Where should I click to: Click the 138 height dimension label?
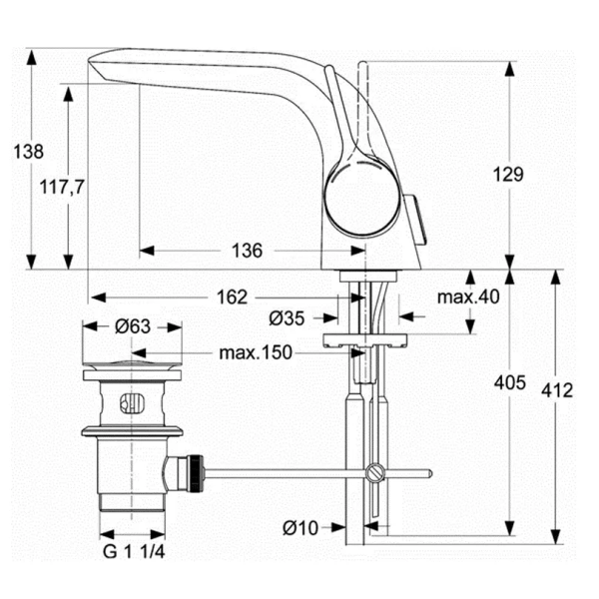tap(29, 152)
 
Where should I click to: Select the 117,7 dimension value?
tap(62, 187)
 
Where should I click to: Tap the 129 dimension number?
tap(508, 174)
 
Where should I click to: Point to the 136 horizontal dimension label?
tap(248, 251)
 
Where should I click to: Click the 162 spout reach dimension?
tap(233, 297)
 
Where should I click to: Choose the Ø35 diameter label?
tap(287, 317)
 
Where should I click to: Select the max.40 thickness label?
tap(468, 297)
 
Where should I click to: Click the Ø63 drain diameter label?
tap(133, 326)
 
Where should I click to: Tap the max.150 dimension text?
tap(256, 352)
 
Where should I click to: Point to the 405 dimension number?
tap(510, 382)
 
